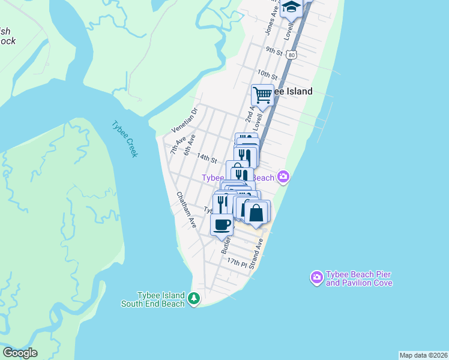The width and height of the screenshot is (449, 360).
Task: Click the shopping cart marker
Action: (262, 95)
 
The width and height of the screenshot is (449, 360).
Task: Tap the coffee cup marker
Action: (221, 225)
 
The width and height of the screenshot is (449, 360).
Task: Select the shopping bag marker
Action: (256, 212)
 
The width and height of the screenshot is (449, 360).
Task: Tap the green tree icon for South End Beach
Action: (193, 298)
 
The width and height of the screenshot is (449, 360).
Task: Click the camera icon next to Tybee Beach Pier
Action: (316, 277)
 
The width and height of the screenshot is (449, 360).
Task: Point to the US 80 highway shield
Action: (291, 55)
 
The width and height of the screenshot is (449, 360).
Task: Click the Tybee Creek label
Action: (125, 139)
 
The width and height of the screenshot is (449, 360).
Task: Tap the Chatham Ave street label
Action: (186, 209)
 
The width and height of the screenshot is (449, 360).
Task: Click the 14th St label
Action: (206, 158)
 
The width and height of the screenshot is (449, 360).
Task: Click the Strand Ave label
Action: (258, 253)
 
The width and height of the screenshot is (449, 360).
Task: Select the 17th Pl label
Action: (237, 263)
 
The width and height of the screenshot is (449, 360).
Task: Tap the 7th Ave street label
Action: (178, 145)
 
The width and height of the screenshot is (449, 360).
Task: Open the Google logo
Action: (20, 353)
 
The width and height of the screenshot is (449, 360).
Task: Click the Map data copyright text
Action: (423, 355)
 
